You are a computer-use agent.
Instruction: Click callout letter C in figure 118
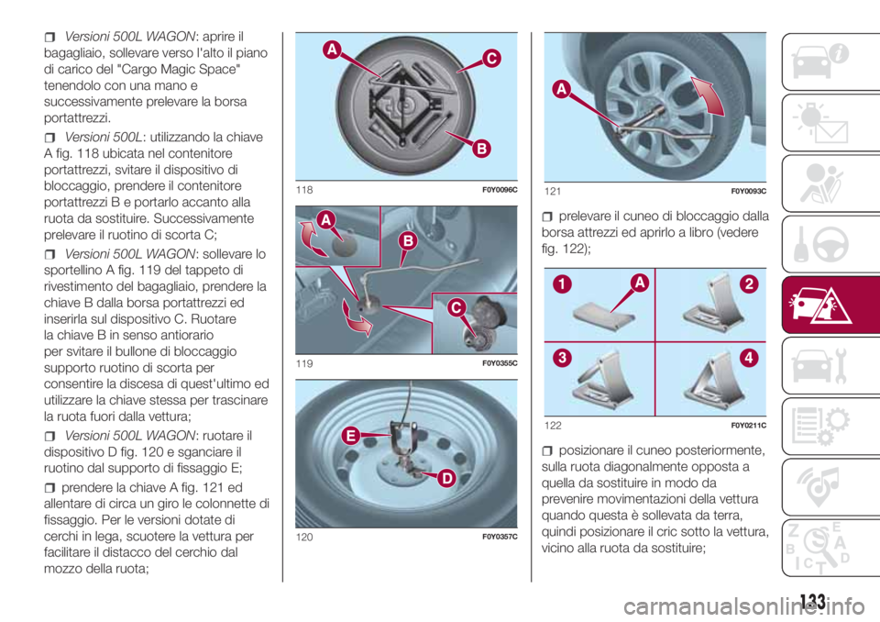[491, 58]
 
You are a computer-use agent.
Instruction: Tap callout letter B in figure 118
[481, 149]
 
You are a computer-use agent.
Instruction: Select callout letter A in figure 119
[326, 219]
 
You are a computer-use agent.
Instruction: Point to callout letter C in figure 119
[456, 307]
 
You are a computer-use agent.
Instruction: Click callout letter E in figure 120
[351, 436]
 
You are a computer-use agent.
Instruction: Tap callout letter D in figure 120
[446, 478]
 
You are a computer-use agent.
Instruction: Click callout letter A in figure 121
[562, 89]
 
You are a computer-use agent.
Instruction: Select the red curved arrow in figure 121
[709, 95]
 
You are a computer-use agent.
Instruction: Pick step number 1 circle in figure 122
[562, 284]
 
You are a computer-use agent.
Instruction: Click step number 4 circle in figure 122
[749, 358]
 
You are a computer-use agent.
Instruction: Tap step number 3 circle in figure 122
[562, 358]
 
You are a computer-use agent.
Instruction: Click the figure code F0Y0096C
[500, 190]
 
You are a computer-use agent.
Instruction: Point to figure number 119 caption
[304, 363]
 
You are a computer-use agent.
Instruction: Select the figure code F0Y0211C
[749, 426]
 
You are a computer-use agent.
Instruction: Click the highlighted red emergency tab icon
[819, 305]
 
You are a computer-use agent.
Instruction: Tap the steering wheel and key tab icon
[820, 244]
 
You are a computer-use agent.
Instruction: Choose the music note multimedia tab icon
[819, 486]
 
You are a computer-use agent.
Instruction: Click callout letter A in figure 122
[640, 283]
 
